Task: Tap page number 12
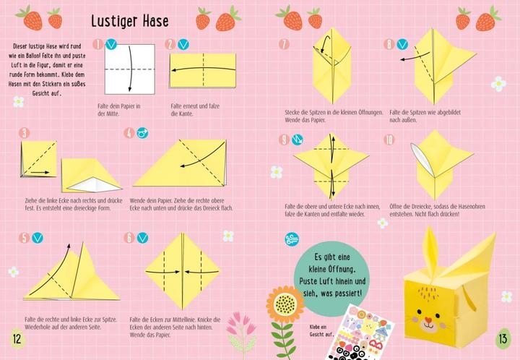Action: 15,339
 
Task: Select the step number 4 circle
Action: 129,132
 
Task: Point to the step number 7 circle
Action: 284,44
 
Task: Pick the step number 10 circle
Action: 390,140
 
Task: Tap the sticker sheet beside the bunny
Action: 362,329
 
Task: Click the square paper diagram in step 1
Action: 130,69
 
